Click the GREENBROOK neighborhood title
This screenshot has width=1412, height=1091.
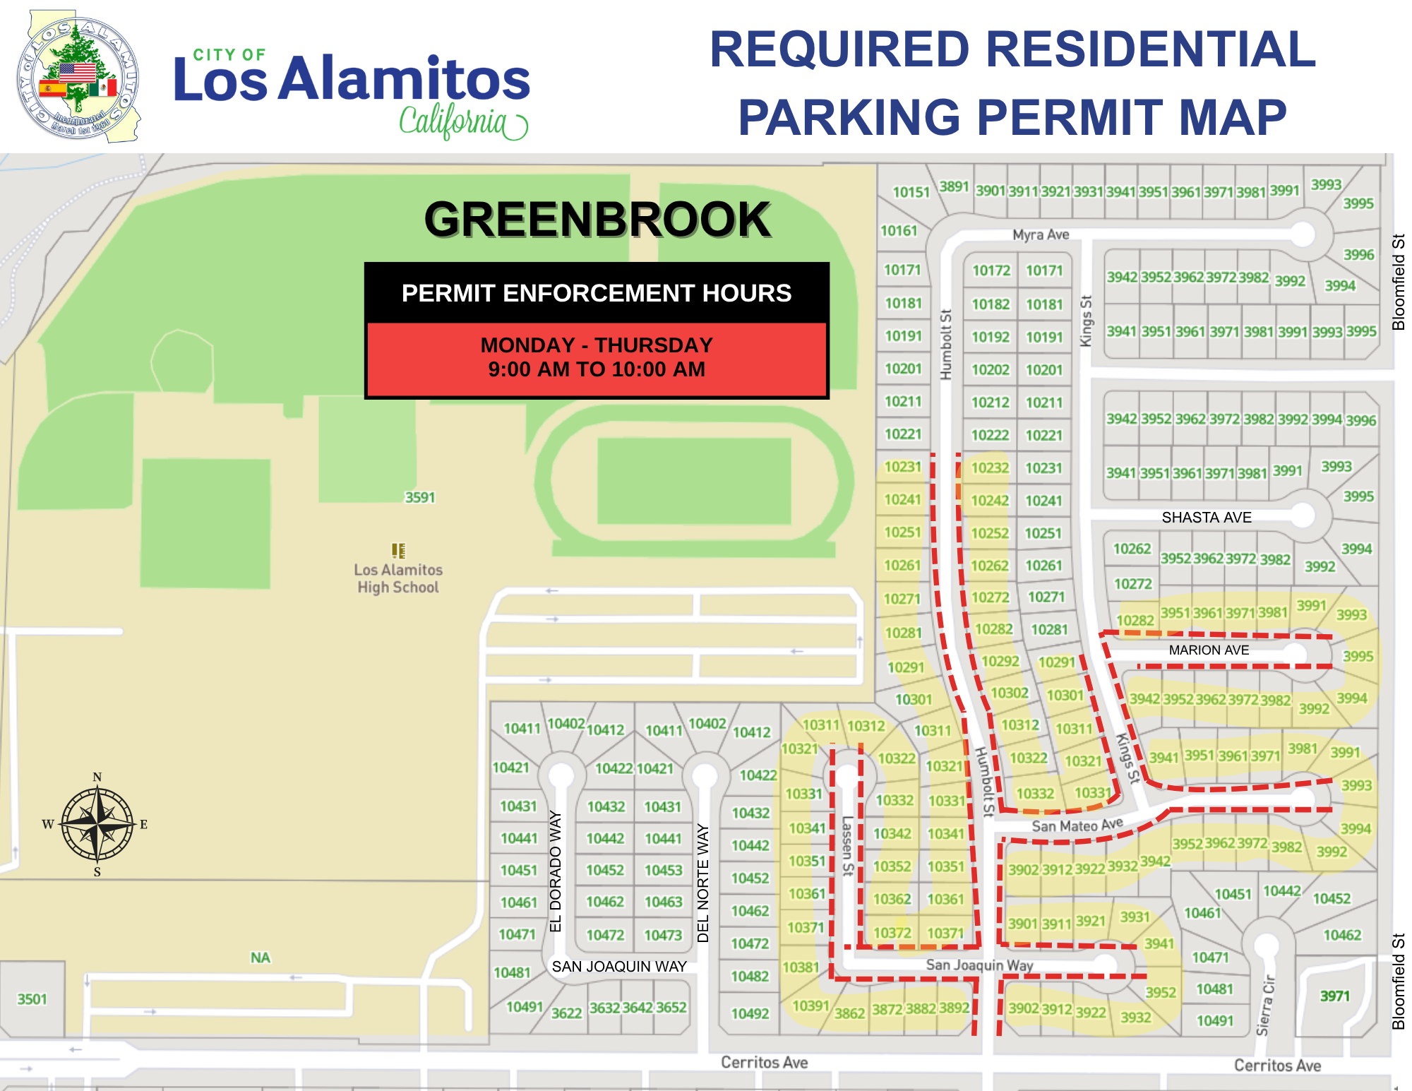[597, 220]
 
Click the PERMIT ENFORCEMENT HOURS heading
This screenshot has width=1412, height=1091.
[597, 293]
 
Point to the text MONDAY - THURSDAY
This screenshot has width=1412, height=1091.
[597, 345]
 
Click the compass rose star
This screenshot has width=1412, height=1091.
[97, 824]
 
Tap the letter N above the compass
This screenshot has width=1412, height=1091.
[97, 777]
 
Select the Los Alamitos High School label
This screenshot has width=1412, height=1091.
[398, 578]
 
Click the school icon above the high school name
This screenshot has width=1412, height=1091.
[398, 550]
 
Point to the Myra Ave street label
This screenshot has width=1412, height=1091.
[1041, 234]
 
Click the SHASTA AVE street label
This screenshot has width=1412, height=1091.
[1207, 518]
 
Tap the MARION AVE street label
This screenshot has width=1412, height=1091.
[1209, 650]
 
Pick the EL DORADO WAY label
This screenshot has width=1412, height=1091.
[556, 871]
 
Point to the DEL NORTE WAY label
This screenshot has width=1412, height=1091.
[703, 883]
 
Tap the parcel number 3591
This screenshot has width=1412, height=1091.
[420, 498]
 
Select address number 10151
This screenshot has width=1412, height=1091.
[911, 192]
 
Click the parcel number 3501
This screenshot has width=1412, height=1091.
[32, 999]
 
